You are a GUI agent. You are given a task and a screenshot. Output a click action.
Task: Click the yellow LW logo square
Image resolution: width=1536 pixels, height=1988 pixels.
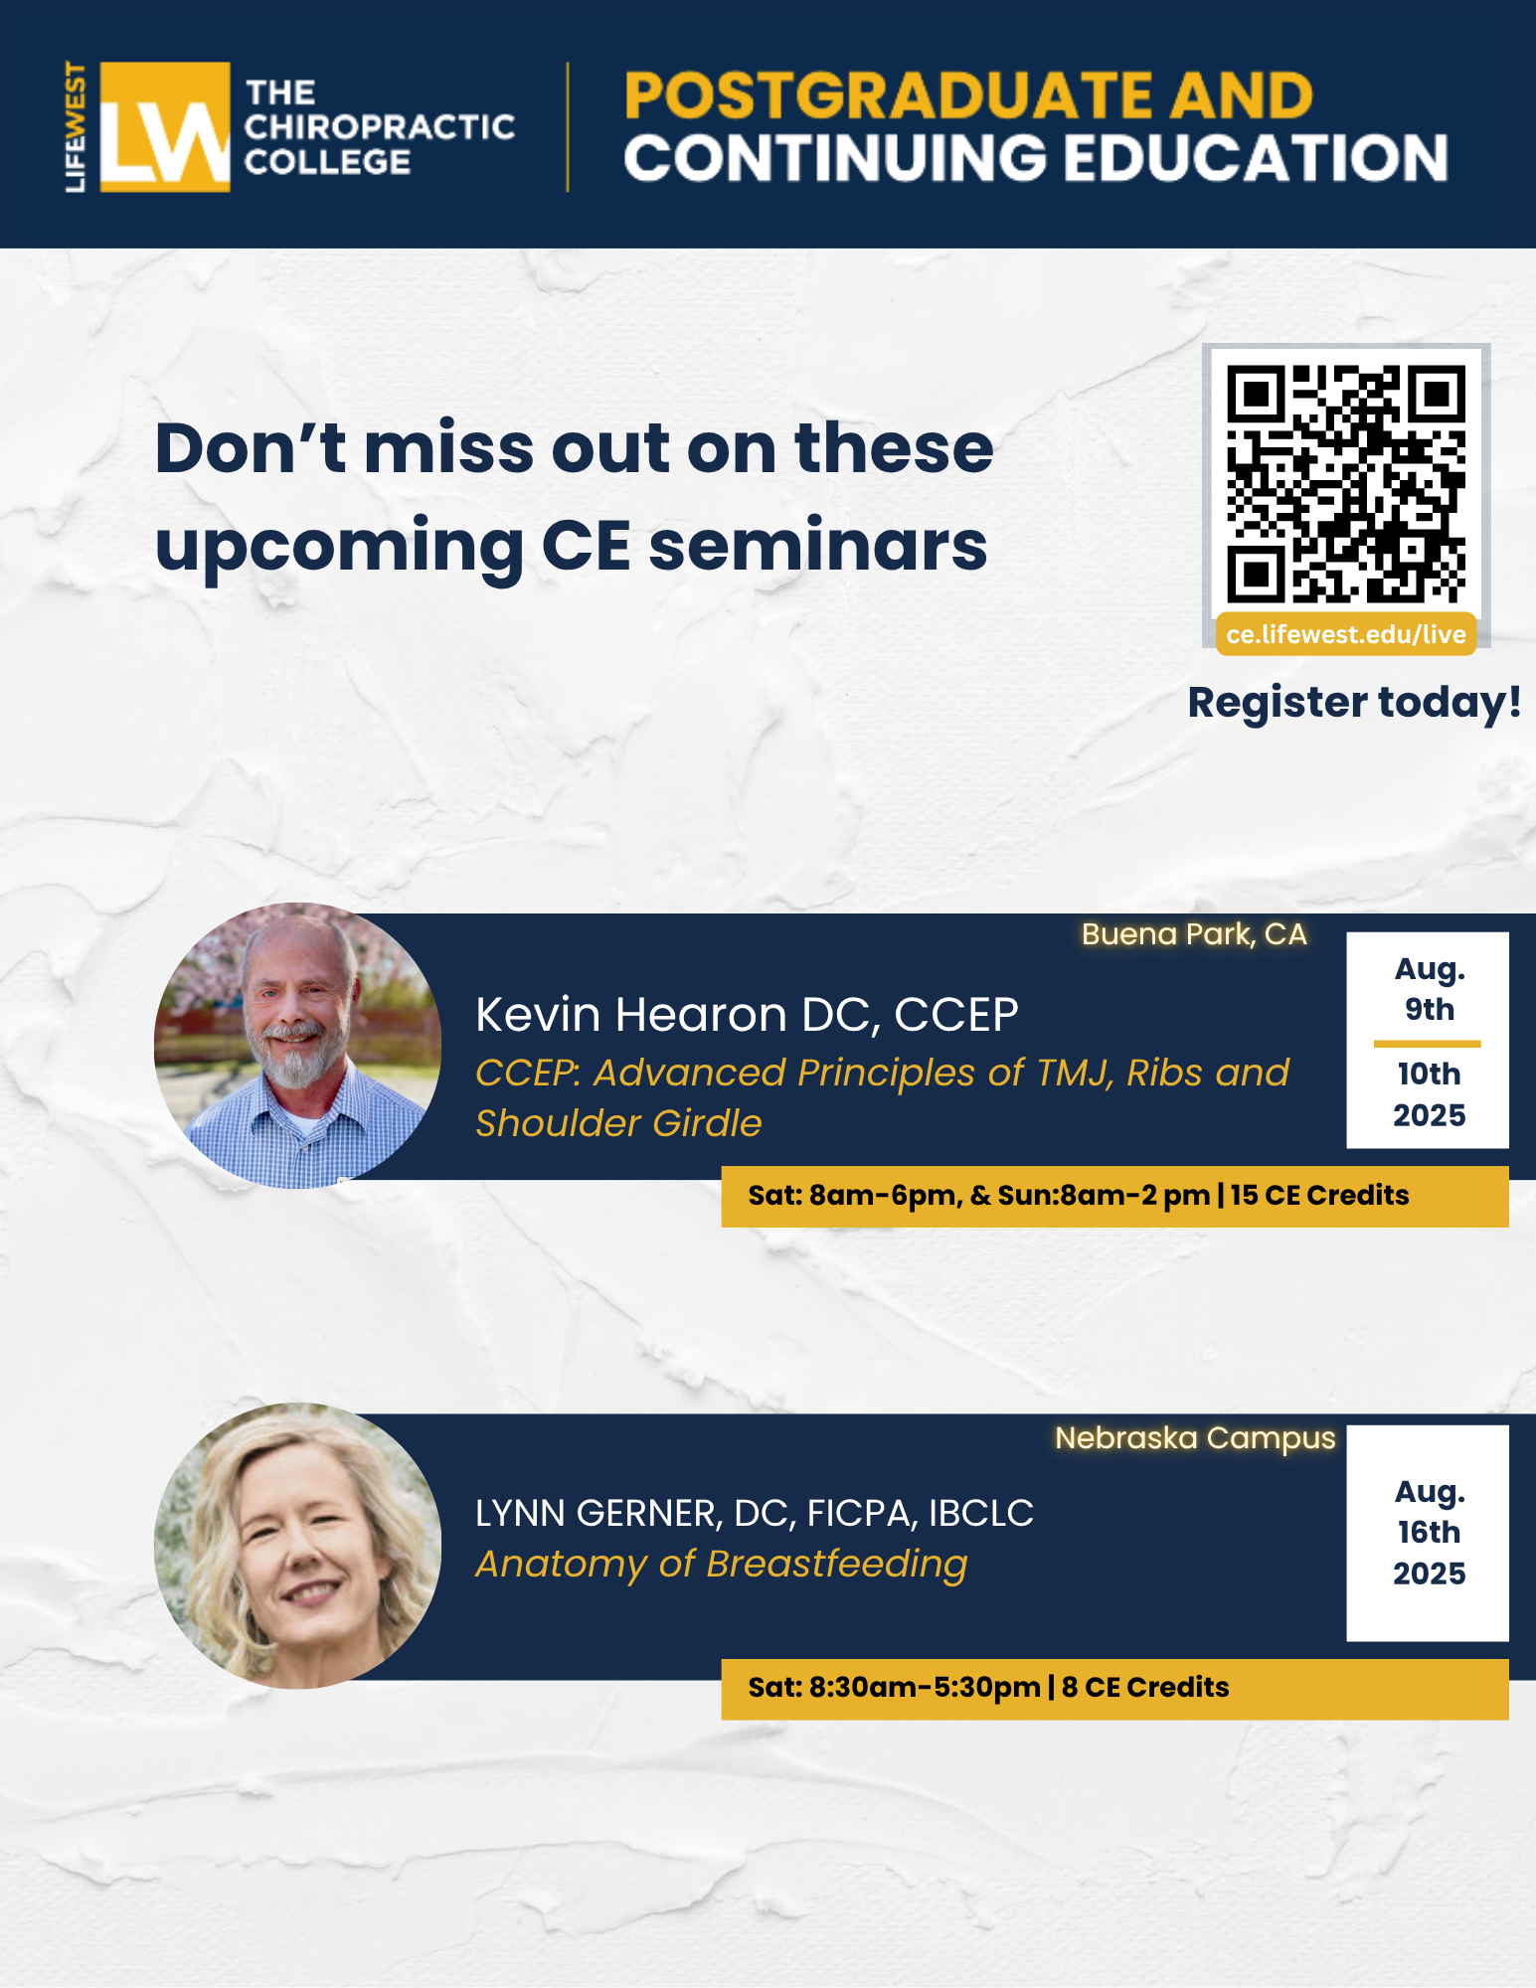(165, 127)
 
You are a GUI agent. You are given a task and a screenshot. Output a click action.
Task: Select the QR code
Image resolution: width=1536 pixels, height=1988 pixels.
(1345, 484)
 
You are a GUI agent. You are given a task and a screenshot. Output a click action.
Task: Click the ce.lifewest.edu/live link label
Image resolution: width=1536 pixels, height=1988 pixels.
(1346, 634)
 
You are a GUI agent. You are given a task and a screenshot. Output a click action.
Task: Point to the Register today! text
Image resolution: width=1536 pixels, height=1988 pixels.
(1354, 703)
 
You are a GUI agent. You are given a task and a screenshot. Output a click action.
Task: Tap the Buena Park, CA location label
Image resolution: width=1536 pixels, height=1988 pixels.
(1194, 934)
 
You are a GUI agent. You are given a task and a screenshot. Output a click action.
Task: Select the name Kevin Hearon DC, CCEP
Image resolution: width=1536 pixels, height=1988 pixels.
(747, 1015)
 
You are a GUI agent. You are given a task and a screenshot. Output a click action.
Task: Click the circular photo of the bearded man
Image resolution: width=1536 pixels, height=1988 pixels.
(297, 1046)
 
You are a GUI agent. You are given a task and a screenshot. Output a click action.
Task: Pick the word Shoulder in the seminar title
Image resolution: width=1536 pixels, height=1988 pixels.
(556, 1123)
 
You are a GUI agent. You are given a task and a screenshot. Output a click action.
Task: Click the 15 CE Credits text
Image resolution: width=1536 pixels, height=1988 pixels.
(1319, 1195)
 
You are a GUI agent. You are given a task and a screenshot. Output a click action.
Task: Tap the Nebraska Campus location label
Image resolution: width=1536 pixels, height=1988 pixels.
(1195, 1438)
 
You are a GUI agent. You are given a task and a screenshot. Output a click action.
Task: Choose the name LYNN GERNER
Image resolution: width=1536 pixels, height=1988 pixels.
(596, 1514)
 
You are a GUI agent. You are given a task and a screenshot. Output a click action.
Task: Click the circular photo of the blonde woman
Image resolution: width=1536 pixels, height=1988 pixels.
(297, 1546)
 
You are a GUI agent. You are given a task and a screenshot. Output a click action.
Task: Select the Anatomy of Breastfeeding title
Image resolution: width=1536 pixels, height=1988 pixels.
(722, 1565)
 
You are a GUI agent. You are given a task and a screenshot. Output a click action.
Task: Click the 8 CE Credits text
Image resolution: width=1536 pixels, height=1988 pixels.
(1145, 1687)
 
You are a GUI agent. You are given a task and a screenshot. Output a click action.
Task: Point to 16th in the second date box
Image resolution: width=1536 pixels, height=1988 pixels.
(1429, 1532)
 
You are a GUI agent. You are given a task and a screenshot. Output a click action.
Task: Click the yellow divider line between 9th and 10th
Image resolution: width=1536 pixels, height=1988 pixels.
(1428, 1044)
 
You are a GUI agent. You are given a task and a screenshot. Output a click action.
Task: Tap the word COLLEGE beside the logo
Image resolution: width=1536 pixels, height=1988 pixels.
(327, 162)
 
